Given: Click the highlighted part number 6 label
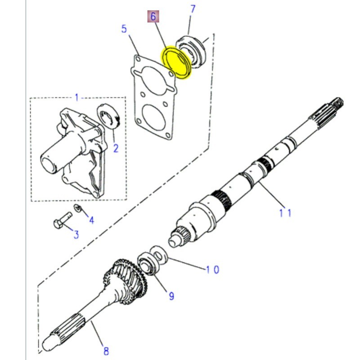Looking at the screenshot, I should tap(153, 17).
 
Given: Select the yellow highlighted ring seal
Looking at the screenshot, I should tap(177, 63).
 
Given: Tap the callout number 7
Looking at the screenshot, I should tap(193, 9).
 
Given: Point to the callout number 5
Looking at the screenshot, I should tap(124, 29).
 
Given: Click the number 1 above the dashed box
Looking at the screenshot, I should tap(76, 98).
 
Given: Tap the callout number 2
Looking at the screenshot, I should tap(115, 148).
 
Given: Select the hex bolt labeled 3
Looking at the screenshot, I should tap(62, 220).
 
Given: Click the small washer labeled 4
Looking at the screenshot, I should tap(77, 208).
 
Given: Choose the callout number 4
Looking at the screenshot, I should tap(91, 220).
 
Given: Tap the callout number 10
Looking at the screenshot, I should tap(212, 270).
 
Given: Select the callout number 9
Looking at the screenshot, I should tap(171, 296).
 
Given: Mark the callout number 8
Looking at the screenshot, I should tap(106, 350).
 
